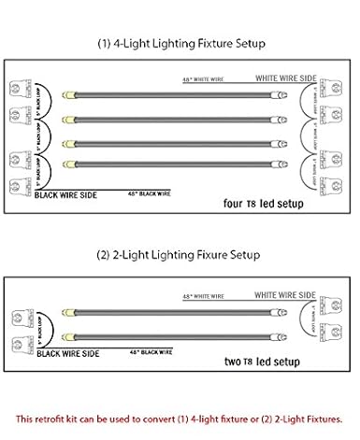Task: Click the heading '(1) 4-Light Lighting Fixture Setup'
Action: [180, 44]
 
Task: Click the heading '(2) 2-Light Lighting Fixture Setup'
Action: [180, 254]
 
